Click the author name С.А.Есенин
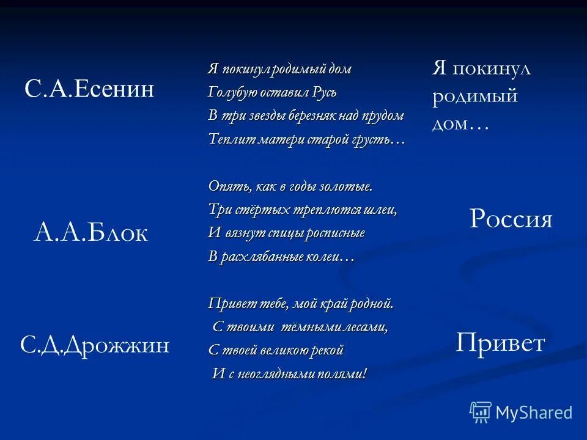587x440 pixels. (x=89, y=90)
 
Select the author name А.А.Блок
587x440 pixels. (x=90, y=233)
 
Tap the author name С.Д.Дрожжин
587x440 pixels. (x=95, y=346)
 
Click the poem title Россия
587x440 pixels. (x=511, y=219)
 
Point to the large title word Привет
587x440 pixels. (x=500, y=343)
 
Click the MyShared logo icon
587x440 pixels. (x=480, y=412)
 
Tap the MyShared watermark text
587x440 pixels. (x=534, y=413)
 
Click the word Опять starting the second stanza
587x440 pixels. (x=226, y=186)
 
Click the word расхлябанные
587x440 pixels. (x=268, y=257)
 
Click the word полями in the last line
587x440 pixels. (x=347, y=374)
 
